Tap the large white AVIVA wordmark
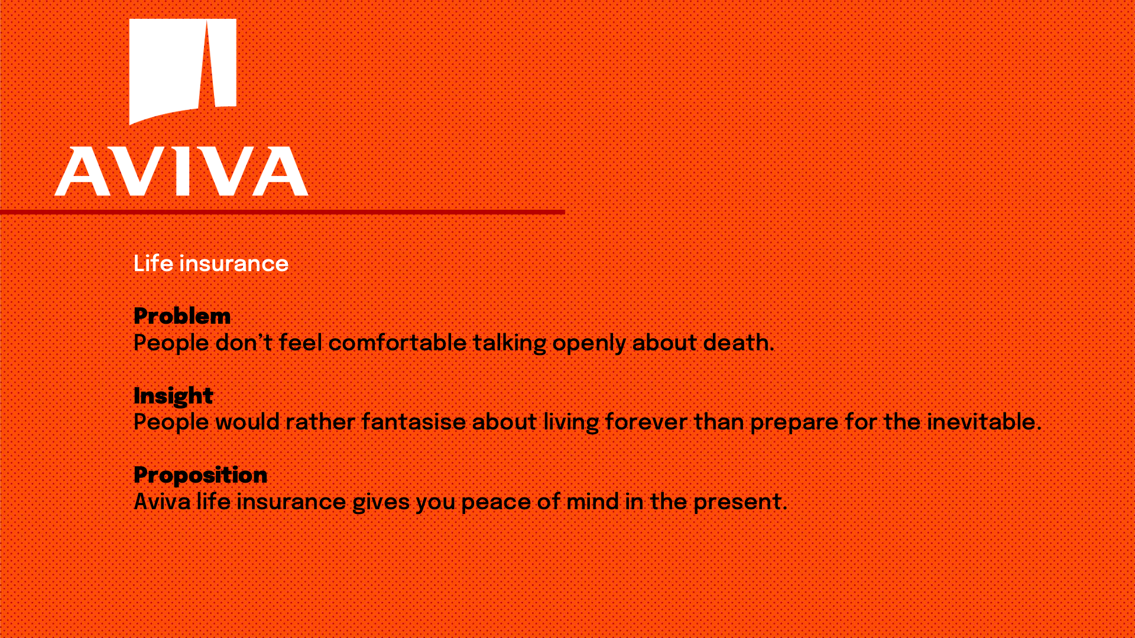click(181, 171)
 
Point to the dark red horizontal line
click(283, 211)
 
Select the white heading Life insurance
click(211, 263)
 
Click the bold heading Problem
click(182, 316)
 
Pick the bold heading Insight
click(173, 396)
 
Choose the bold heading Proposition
click(200, 475)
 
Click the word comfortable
click(397, 343)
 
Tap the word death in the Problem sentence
click(736, 343)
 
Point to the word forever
click(646, 422)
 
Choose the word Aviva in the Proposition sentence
click(162, 502)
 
